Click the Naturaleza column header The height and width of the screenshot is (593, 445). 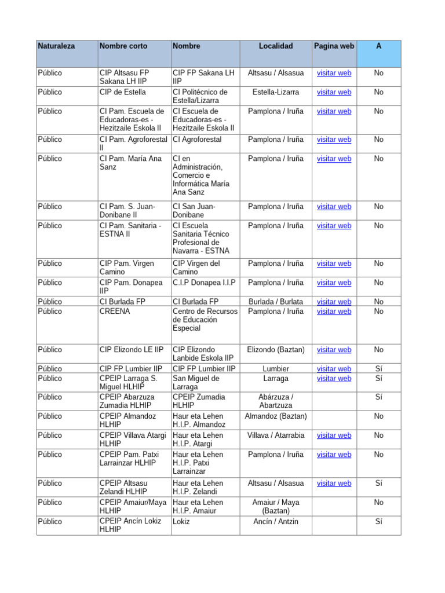tap(56, 46)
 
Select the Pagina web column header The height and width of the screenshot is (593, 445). tap(334, 46)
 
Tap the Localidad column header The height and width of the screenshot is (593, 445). tap(276, 46)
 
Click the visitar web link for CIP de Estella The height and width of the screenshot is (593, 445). tap(334, 92)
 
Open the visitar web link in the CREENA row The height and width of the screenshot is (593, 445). tap(334, 312)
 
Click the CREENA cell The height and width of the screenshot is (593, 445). tap(115, 312)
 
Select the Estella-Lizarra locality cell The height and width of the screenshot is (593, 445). tap(276, 92)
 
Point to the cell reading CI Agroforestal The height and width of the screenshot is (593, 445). tap(197, 140)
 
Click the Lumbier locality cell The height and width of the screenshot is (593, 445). tap(276, 369)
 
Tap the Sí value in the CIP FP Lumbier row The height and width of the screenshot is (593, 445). tap(378, 369)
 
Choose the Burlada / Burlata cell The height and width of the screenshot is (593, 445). tap(276, 302)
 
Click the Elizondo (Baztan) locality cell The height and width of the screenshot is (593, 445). tap(276, 350)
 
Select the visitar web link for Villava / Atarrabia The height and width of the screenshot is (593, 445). tap(334, 435)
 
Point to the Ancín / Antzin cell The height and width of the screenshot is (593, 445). tap(276, 522)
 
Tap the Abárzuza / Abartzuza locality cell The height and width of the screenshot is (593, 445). tap(276, 401)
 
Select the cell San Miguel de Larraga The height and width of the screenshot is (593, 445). tap(196, 383)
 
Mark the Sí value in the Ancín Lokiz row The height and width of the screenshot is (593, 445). tap(378, 522)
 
